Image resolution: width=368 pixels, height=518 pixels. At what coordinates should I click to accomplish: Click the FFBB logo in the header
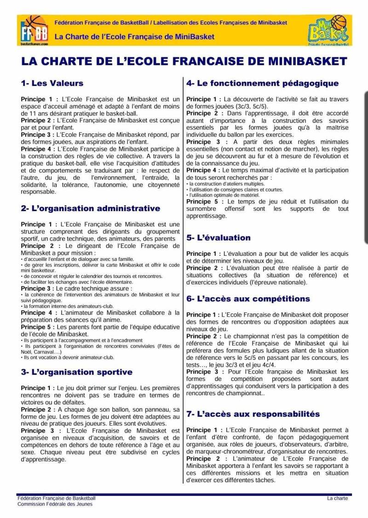pos(34,30)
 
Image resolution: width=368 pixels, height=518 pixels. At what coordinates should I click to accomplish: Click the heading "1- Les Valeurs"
pos(52,83)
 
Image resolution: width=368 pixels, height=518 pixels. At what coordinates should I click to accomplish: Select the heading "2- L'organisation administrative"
pos(90,208)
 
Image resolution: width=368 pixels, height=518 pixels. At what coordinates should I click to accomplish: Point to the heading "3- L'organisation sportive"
pos(76,372)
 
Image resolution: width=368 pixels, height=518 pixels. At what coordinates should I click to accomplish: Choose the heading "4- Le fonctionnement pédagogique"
pos(262,83)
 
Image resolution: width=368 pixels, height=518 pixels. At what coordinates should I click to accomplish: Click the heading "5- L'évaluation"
pos(218,238)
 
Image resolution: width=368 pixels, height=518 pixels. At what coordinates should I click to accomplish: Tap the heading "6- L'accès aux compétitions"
pos(248,299)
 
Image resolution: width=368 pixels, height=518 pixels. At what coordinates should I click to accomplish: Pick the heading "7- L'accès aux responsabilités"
pos(253,414)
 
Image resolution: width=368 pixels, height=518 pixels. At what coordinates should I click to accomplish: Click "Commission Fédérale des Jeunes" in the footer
pos(55,504)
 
